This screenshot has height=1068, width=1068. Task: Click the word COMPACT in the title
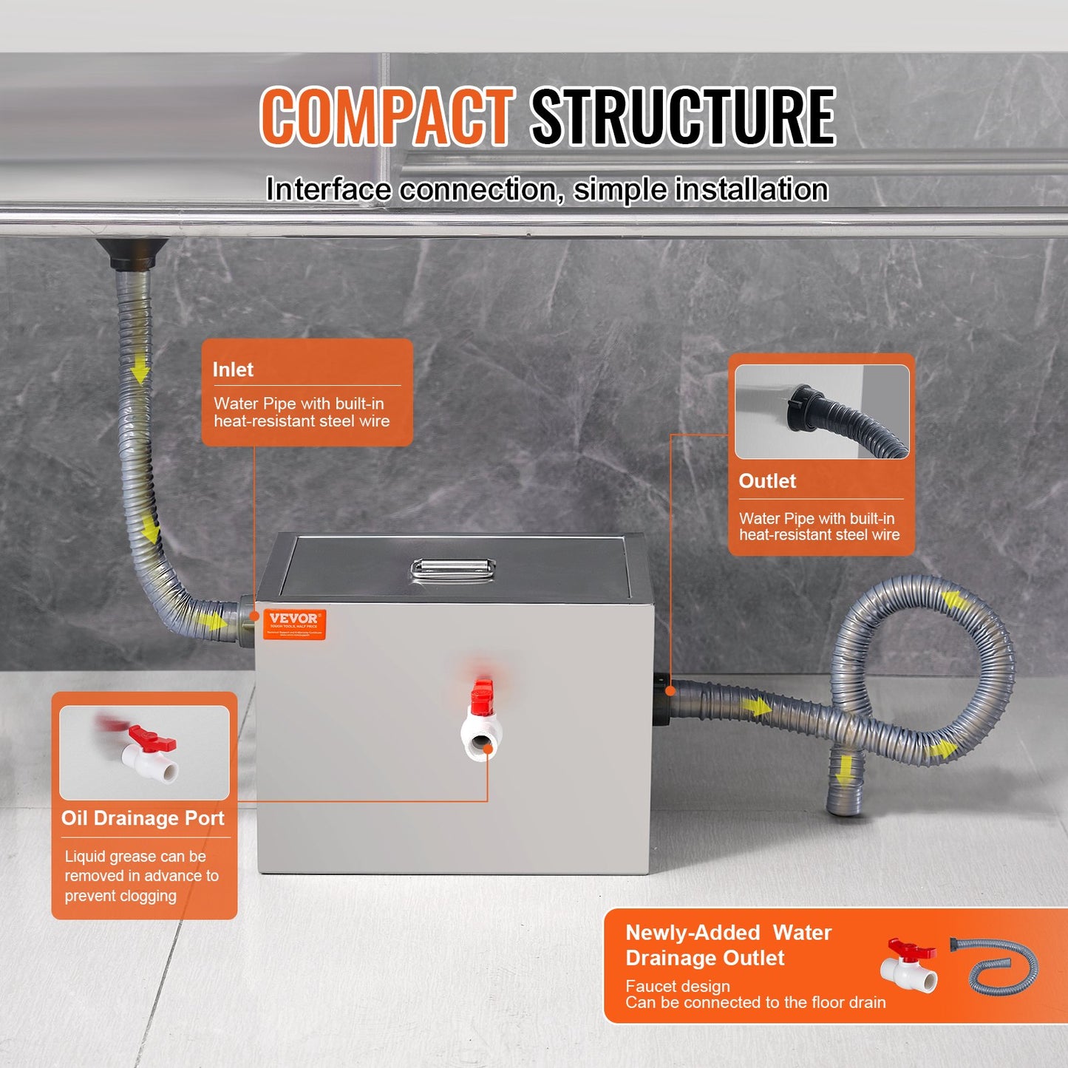tap(387, 116)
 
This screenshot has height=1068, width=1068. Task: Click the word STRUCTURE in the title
tap(683, 116)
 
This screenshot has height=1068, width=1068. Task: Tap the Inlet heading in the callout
tap(233, 370)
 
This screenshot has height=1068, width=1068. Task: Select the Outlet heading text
tap(767, 481)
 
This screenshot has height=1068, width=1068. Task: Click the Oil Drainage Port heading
tap(143, 818)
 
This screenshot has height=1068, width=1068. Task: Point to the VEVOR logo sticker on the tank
tap(294, 625)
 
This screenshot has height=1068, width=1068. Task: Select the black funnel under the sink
tap(132, 253)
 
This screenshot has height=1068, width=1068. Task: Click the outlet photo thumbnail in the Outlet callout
tap(822, 412)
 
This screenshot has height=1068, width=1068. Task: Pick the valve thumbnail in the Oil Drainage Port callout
tap(144, 752)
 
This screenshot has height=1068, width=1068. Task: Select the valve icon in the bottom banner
tap(909, 965)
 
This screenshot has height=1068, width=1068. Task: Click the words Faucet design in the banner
tap(677, 986)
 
